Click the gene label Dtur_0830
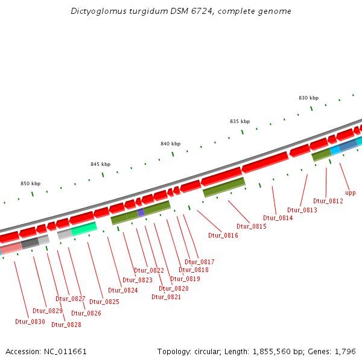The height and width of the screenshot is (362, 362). tap(30, 322)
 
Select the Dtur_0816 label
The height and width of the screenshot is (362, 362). tap(223, 235)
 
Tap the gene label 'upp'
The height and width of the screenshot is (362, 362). tap(351, 193)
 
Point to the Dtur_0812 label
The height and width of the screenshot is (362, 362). tap(328, 201)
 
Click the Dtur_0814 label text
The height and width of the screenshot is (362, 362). tap(278, 218)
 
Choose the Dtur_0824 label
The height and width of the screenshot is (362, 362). tap(123, 290)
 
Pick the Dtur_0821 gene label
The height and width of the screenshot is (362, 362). tap(166, 297)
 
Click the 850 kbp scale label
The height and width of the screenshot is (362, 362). tap(31, 183)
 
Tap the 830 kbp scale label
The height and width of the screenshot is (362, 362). tap(308, 98)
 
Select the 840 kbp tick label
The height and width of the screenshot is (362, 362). tap(171, 144)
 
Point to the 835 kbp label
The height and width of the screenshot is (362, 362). tap(240, 121)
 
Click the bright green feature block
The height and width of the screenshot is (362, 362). tap(84, 228)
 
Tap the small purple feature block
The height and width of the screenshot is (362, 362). tap(141, 212)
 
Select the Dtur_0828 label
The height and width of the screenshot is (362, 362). tap(66, 325)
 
